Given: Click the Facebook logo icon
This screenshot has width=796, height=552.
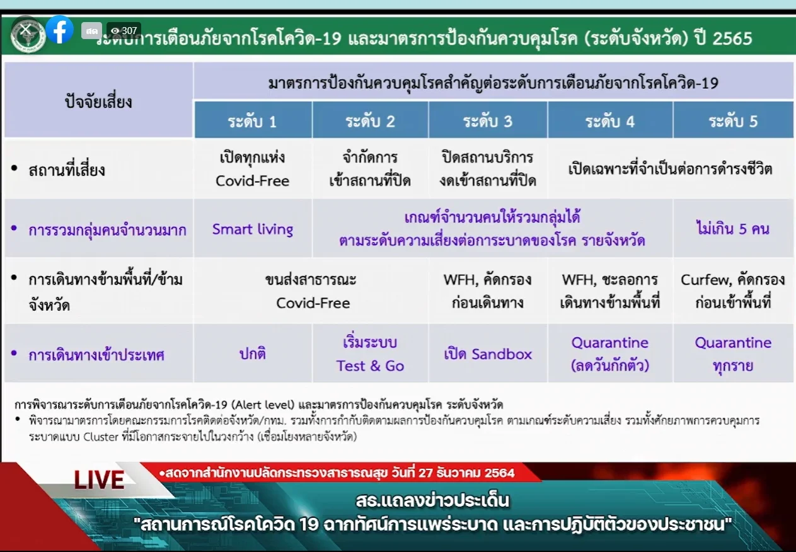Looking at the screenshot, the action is pos(60,30).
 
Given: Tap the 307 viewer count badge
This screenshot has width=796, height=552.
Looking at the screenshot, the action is pos(124,31).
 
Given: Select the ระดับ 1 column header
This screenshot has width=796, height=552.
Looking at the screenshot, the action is pos(253,120).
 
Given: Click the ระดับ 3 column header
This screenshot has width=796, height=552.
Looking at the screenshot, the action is pos(488,120).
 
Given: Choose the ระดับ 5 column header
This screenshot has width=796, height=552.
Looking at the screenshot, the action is pos(733,120).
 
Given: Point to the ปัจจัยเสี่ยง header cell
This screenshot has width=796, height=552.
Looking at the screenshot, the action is pos(98,100).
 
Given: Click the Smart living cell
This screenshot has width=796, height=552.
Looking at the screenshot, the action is pos(253,229).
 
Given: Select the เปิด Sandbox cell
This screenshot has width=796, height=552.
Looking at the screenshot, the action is pos(488,354).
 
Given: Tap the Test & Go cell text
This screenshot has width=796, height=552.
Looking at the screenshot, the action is pos(370,354).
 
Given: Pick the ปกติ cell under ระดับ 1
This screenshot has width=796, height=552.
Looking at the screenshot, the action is pos(253,354).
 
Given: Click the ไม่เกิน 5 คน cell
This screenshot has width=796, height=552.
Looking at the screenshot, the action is pos(733,228).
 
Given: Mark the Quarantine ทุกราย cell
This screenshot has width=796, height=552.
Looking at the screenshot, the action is pos(733,354).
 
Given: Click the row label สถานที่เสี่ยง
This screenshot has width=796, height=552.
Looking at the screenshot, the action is pos(67,170).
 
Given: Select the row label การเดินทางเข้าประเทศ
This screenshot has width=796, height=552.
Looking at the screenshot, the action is pos(96,355).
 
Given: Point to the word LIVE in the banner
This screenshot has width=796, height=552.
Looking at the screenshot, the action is pos(99,480).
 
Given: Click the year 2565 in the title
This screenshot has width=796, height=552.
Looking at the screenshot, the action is pos(732,38).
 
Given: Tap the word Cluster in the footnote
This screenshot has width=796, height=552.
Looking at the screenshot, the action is pos(101,437).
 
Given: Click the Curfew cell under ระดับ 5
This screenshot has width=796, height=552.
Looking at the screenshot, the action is pos(733,291).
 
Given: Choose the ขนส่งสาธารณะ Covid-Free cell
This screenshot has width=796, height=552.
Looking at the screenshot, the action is pos(311,291).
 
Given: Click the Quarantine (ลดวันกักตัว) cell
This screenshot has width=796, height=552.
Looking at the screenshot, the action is pos(610,354).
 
